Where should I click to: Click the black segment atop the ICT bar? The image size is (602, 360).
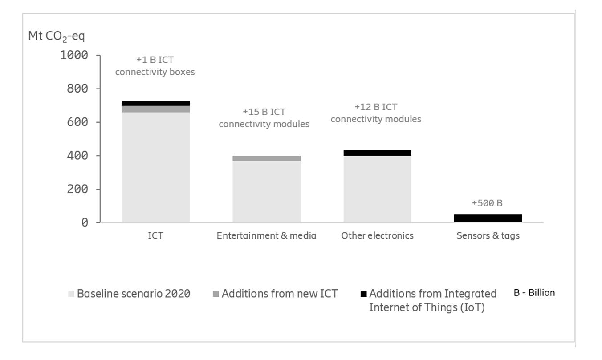155,103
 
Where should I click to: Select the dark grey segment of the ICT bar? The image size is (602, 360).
155,109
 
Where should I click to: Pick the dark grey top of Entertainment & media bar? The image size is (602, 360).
266,158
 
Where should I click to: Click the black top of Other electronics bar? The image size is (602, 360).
377,153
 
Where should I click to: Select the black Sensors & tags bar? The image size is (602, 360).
488,218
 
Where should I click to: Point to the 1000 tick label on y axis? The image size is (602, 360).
74,55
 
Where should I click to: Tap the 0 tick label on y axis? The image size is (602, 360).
85,222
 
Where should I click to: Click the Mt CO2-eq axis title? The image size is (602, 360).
56,36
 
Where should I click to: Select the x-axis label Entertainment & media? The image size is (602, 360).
266,235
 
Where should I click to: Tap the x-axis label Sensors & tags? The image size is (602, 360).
488,235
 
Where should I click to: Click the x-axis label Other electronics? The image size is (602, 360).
377,235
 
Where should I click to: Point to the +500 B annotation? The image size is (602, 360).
487,203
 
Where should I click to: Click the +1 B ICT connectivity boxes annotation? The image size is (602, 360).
155,66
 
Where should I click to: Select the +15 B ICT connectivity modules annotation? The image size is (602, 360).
264,118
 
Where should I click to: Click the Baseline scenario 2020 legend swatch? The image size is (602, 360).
71,294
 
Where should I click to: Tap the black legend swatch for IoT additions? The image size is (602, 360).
363,294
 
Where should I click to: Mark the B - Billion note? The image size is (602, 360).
534,293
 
